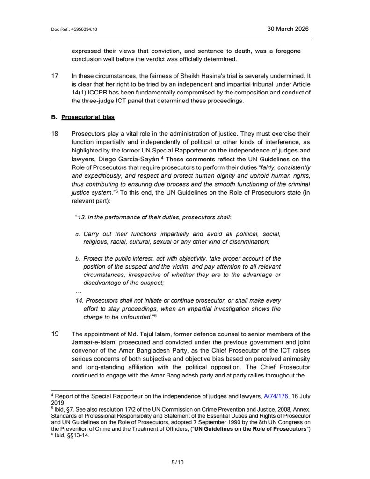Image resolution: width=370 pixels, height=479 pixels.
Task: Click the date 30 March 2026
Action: click(288, 29)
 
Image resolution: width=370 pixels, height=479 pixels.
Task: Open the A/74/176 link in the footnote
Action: click(276, 396)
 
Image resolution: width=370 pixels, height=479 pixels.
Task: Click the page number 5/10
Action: click(178, 463)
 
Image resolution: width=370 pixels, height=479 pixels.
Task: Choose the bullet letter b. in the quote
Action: click(78, 259)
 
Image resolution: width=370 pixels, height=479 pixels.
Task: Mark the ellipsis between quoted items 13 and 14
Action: click(79, 291)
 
